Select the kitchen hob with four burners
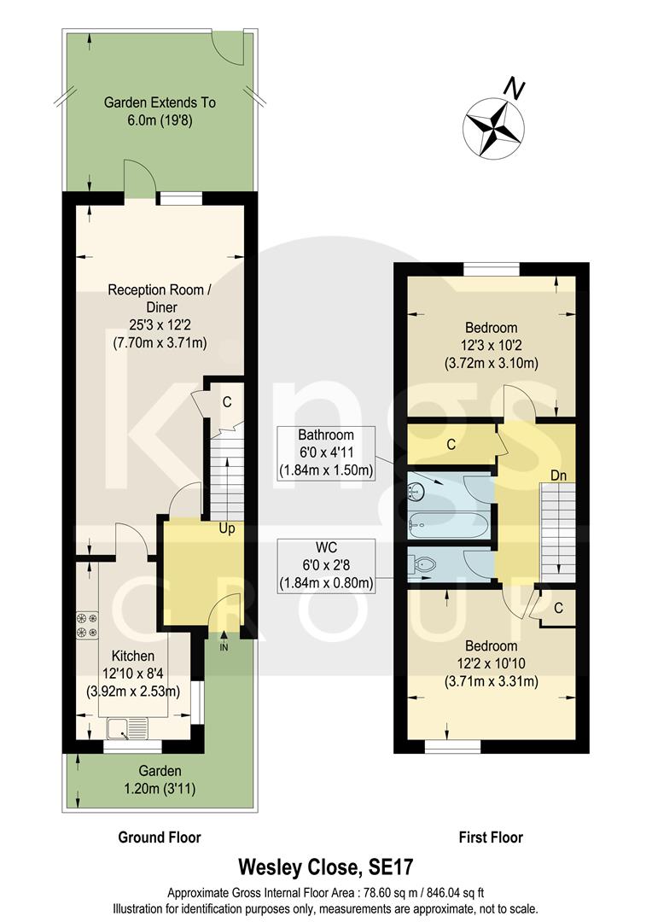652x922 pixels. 88,623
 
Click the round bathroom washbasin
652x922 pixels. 418,490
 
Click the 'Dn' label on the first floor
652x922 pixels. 558,475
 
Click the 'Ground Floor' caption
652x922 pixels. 160,837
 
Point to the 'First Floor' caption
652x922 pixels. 490,837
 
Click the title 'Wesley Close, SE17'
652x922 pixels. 325,868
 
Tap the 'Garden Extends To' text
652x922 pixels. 160,102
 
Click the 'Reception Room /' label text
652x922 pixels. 160,290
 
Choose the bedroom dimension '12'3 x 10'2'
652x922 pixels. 491,345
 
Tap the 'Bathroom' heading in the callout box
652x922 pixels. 326,435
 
